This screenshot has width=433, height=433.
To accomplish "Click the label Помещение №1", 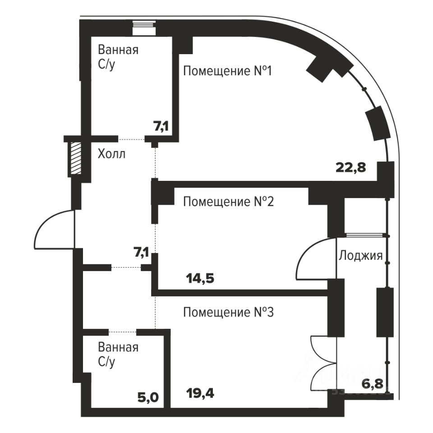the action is (227, 71).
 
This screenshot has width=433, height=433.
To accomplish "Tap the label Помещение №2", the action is (228, 202).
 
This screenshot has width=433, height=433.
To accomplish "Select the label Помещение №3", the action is (228, 312).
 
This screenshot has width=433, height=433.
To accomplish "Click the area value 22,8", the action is (350, 168).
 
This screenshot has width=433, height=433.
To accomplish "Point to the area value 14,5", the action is (200, 278).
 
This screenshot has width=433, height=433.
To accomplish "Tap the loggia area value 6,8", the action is (373, 385).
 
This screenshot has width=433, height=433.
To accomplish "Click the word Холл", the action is (111, 154).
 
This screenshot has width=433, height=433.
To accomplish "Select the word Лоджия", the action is (360, 256).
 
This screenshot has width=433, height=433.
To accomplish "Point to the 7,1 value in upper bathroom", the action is (161, 127).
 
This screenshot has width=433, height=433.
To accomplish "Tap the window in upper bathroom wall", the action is (144, 28).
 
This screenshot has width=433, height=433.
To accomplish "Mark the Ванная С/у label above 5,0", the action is (118, 355).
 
